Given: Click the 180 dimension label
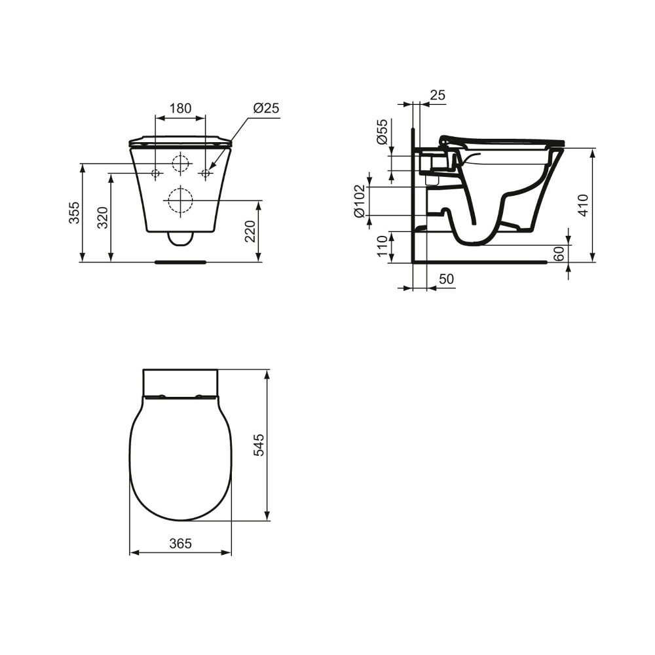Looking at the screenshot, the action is point(181,108).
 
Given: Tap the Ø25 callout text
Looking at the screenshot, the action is point(266,108).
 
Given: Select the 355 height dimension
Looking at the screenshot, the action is point(75,212).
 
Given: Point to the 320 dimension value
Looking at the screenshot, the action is point(103,217).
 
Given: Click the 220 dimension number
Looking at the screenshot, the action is point(250,231).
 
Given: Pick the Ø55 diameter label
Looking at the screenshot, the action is point(383,132).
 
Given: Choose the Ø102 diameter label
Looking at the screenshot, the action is point(360,201).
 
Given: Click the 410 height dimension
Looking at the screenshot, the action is point(584,205).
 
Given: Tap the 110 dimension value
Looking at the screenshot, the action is point(383,246).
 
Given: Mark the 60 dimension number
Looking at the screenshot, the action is point(559,253).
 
